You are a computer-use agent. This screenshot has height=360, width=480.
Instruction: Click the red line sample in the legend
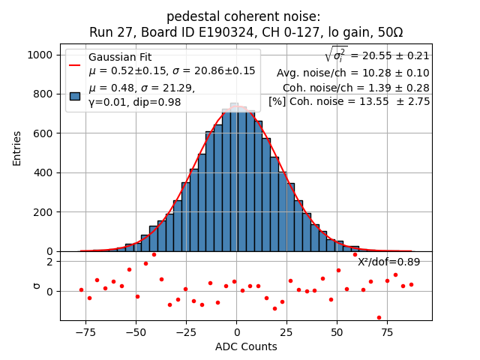pos(75,64)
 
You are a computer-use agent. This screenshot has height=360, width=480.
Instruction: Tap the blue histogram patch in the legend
pos(75,95)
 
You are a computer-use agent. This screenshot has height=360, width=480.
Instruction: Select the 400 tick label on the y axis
pos(42,173)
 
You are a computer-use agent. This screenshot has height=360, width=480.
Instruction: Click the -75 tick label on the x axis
pos(85,332)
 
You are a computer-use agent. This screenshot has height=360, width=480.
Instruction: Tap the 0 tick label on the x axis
pos(236,332)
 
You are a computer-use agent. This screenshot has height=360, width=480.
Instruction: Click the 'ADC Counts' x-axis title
pos(246,346)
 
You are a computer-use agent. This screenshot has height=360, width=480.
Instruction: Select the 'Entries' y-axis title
pos(17,148)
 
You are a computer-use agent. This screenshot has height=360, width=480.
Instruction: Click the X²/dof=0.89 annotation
pos(388,262)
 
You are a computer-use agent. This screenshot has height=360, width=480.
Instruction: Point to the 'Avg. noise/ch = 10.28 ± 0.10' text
pos(352,73)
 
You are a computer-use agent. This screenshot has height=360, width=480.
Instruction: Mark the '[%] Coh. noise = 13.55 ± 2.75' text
pos(349,101)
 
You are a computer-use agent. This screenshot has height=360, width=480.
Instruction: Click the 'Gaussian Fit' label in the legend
pos(120,58)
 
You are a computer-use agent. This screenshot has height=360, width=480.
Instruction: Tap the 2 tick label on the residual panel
pos(49,262)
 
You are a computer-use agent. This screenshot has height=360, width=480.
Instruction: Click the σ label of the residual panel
pos(35,285)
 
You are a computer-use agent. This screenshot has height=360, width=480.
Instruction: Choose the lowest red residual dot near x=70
pos(379,317)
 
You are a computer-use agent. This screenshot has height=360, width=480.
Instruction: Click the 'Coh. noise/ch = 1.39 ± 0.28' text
pos(355,87)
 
